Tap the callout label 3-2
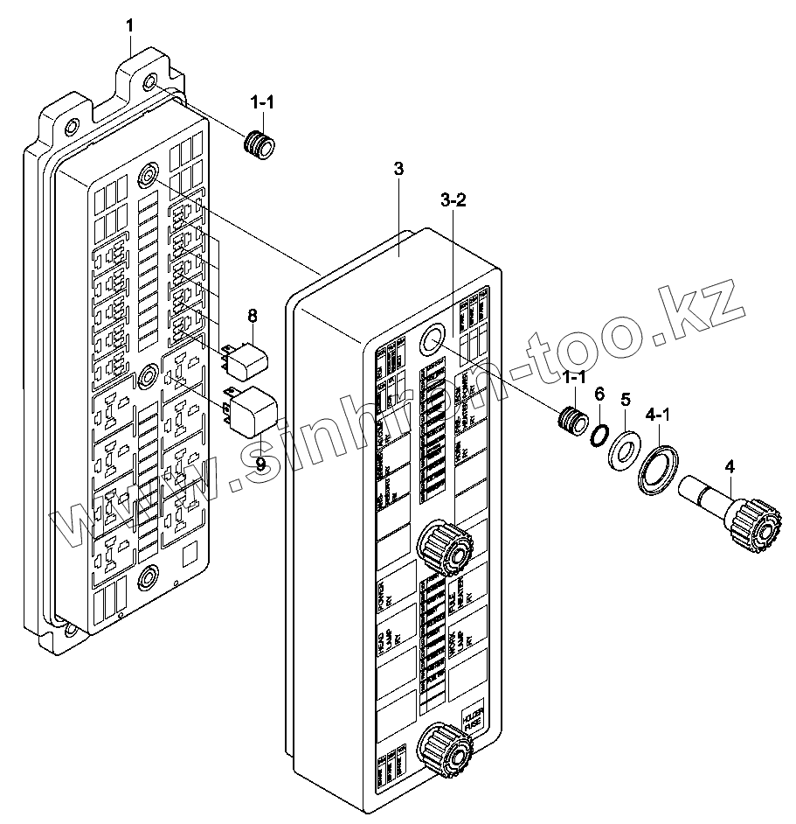453,200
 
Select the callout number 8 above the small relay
252,314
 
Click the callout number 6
599,395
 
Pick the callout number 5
625,400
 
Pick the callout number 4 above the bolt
729,466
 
